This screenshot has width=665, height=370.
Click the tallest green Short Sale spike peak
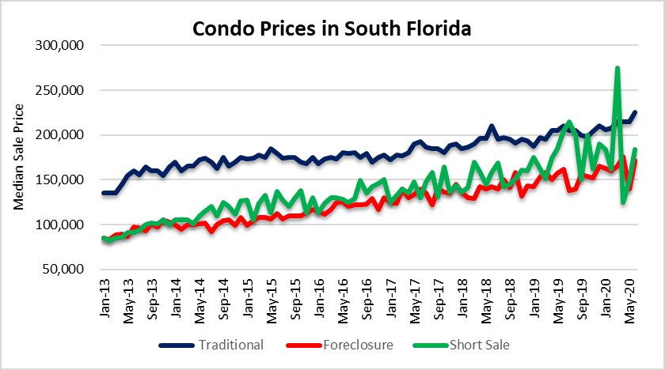(617, 69)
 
